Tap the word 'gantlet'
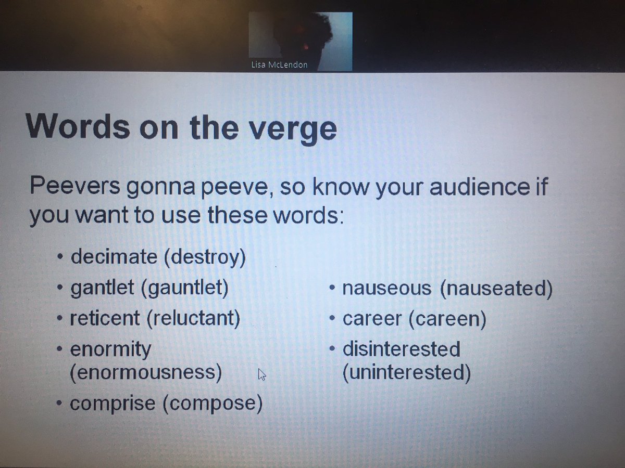pos(101,288)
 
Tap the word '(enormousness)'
pos(146,372)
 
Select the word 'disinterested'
pos(401,349)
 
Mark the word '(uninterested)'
pos(406,372)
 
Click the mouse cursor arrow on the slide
pos(262,374)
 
